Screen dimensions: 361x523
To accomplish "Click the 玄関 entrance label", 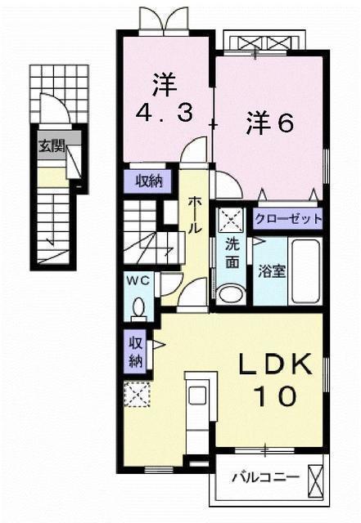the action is [52, 146].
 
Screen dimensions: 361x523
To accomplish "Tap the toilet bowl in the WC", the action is [138, 307].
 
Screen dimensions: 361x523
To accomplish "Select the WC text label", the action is [138, 281].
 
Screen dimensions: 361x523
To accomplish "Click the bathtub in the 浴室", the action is [305, 271].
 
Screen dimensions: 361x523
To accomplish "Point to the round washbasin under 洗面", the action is [231, 294].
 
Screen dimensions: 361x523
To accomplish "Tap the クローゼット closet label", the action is [288, 219].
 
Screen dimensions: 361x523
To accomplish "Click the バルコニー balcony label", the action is [265, 477].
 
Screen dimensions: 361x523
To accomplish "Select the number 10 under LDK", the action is [275, 396].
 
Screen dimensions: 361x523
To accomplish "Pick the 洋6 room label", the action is [270, 123].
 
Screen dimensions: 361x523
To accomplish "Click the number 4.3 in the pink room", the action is [165, 112].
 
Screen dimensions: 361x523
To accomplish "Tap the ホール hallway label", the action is [195, 215].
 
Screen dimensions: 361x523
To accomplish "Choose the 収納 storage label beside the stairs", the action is [149, 181].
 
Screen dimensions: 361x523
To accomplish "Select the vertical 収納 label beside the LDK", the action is [136, 351].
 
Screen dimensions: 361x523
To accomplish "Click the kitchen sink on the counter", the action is [197, 396].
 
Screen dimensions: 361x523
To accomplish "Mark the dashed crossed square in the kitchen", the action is [137, 394].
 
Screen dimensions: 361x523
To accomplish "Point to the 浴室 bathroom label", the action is [272, 271].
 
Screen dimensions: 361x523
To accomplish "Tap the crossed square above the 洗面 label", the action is [231, 220].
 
